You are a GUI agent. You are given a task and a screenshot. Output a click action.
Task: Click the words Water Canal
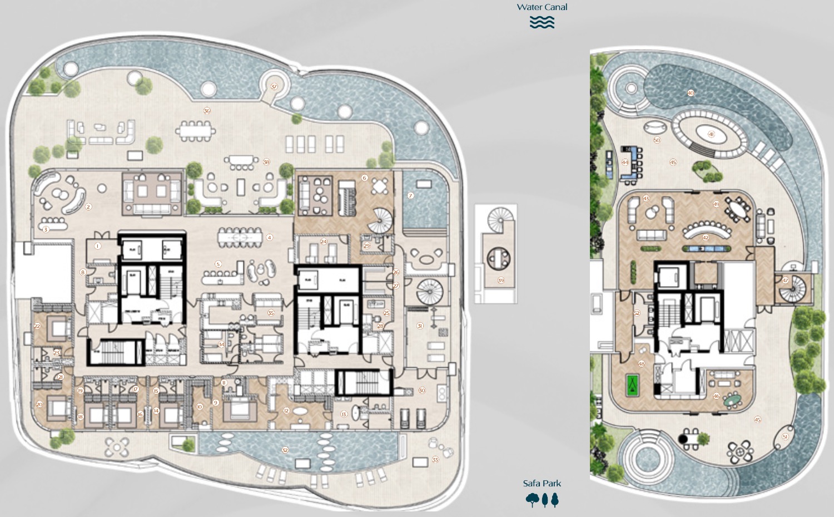click(542, 7)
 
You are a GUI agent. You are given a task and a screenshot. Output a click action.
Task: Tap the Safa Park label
click(542, 484)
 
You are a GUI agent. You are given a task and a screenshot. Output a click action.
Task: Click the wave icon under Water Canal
click(542, 22)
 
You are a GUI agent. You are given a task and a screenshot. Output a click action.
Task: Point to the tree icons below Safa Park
click(542, 500)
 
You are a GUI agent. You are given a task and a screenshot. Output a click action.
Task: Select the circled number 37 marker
click(274, 87)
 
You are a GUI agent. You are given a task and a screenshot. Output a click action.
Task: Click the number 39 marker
click(500, 280)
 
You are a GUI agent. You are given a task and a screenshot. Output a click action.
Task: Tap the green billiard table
click(632, 384)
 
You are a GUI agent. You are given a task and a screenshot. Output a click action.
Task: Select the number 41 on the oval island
click(711, 134)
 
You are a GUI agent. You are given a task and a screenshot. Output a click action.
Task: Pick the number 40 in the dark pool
click(691, 93)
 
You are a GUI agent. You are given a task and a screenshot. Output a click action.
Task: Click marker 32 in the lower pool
click(285, 450)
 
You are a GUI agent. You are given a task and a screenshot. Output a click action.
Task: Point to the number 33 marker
click(435, 460)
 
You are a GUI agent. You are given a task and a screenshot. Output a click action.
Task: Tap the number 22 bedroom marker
click(37, 326)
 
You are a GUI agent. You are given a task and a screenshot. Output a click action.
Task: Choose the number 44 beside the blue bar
click(625, 163)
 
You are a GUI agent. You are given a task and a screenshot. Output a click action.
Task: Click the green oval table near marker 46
click(732, 400)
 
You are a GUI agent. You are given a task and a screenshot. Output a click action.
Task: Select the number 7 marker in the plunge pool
click(411, 195)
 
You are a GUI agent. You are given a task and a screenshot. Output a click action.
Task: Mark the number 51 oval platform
click(785, 437)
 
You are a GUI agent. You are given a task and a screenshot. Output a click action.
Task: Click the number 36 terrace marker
click(207, 111)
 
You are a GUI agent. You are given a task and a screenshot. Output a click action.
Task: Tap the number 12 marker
click(286, 411)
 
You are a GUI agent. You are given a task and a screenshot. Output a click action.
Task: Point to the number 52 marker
click(637, 313)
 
